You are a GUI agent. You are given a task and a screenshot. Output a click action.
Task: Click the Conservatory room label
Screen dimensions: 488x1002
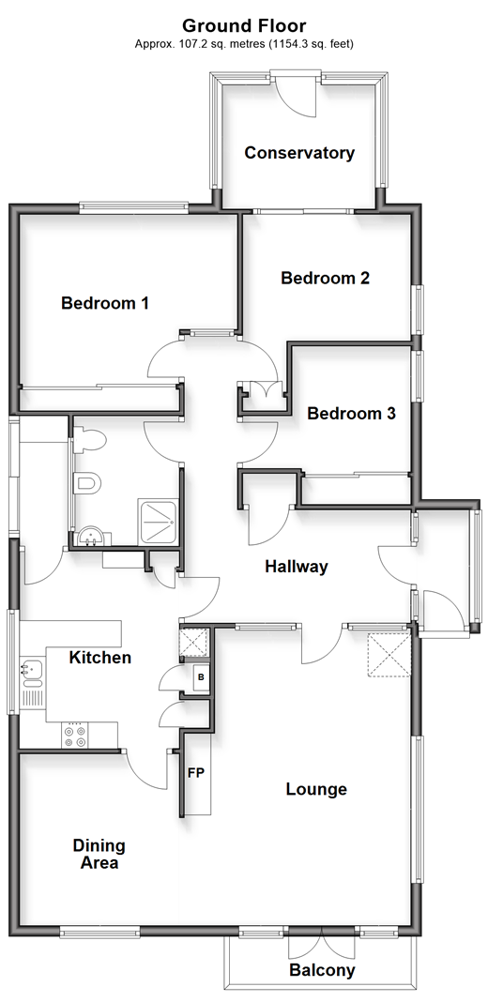pyautogui.click(x=299, y=153)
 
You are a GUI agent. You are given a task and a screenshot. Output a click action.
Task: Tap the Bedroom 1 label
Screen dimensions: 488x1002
pyautogui.click(x=105, y=303)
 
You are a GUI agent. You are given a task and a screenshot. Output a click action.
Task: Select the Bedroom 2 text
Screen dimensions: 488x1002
pyautogui.click(x=326, y=278)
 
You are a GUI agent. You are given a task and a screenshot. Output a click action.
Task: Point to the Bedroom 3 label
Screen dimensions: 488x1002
pyautogui.click(x=351, y=414)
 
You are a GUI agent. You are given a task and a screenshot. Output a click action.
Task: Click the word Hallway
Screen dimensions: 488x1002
pyautogui.click(x=297, y=567)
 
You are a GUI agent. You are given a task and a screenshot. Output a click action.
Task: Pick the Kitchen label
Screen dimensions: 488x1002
pyautogui.click(x=100, y=658)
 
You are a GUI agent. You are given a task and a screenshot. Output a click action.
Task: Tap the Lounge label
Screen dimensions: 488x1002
pyautogui.click(x=316, y=790)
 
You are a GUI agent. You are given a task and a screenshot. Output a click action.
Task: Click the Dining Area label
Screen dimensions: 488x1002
pyautogui.click(x=99, y=855)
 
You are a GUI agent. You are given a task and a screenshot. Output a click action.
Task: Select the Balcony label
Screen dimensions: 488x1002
pyautogui.click(x=322, y=971)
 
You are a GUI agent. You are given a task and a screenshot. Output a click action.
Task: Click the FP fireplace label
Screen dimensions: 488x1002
pyautogui.click(x=196, y=773)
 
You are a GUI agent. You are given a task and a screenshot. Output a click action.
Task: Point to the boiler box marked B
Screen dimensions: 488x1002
pyautogui.click(x=201, y=677)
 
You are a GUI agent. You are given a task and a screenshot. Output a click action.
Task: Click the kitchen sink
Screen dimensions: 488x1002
pyautogui.click(x=31, y=670)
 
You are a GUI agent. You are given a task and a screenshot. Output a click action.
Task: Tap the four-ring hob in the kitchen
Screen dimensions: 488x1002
pyautogui.click(x=74, y=735)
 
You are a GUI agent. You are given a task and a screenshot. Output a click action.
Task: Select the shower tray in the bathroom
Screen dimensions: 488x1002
pyautogui.click(x=158, y=522)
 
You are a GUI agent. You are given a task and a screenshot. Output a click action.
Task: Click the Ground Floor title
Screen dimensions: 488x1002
pyautogui.click(x=244, y=25)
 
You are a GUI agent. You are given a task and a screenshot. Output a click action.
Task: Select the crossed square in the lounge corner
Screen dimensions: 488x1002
pyautogui.click(x=389, y=655)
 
